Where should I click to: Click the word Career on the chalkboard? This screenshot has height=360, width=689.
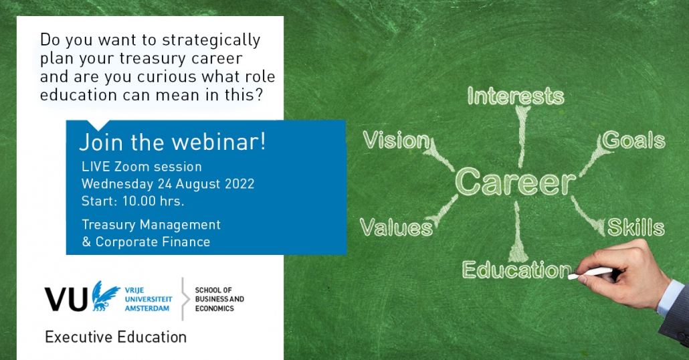(x=515, y=181)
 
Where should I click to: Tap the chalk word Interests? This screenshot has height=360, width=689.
(x=516, y=96)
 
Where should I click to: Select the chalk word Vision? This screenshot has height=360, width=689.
(x=397, y=141)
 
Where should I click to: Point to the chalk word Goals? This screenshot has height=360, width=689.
(x=633, y=141)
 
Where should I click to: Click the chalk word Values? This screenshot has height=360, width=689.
(x=397, y=228)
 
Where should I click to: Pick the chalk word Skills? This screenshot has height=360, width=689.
(x=636, y=228)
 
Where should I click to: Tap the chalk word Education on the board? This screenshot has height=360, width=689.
(x=516, y=270)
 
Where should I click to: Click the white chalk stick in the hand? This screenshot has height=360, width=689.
(x=590, y=274)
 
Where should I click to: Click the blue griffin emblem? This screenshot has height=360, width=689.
(x=106, y=296)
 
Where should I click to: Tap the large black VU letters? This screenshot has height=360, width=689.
(x=66, y=299)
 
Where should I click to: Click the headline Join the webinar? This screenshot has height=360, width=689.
(x=173, y=142)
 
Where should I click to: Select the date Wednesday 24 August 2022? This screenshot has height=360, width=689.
(x=168, y=184)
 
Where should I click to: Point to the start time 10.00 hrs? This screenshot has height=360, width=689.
(x=153, y=201)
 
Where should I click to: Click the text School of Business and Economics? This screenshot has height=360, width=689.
(x=219, y=299)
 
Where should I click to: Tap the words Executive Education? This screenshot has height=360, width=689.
(x=116, y=337)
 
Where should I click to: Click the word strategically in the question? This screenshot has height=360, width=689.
(x=211, y=40)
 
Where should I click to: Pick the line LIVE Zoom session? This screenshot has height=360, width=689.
(x=142, y=167)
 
